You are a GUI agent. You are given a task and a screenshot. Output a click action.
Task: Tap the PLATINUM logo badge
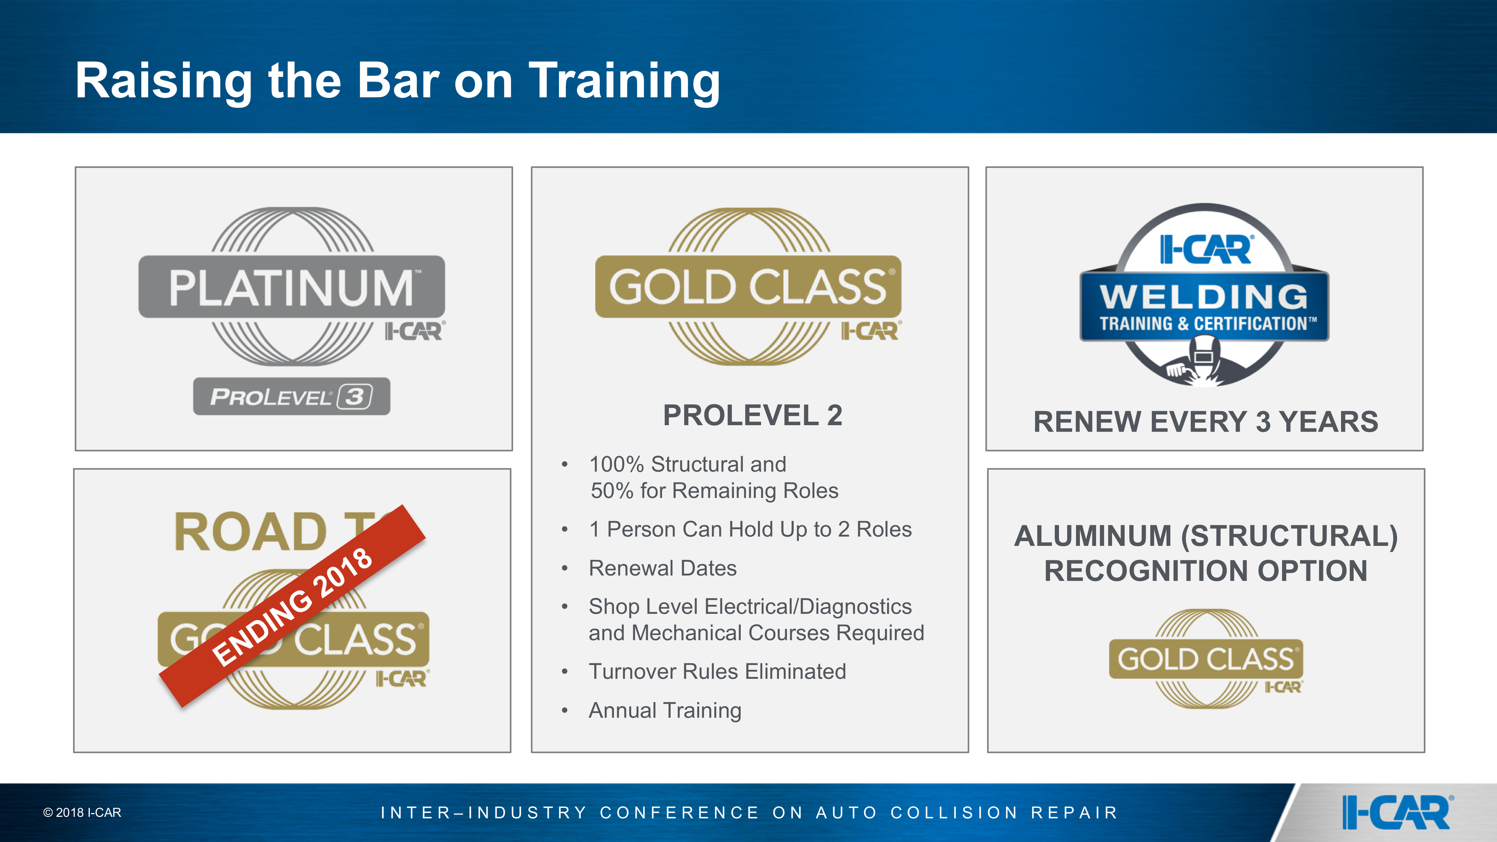tap(292, 287)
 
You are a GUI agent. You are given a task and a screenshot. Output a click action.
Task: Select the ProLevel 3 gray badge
tap(292, 396)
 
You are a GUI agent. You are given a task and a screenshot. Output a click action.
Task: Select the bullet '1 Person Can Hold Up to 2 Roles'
tap(750, 529)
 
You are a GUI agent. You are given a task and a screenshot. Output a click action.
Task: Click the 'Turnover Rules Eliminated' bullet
tap(717, 671)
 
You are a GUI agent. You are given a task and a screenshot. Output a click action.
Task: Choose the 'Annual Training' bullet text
tap(665, 710)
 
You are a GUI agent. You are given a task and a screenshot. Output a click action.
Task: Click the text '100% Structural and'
tap(687, 464)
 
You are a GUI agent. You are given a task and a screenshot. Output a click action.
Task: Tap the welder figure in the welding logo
tap(1203, 361)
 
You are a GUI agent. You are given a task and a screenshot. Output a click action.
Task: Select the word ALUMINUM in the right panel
tap(1093, 536)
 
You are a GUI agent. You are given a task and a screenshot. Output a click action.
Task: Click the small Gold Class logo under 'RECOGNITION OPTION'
tap(1206, 658)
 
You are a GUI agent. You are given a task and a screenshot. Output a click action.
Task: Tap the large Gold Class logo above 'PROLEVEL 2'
tap(748, 287)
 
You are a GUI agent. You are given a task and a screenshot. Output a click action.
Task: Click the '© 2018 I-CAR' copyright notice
tap(82, 812)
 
